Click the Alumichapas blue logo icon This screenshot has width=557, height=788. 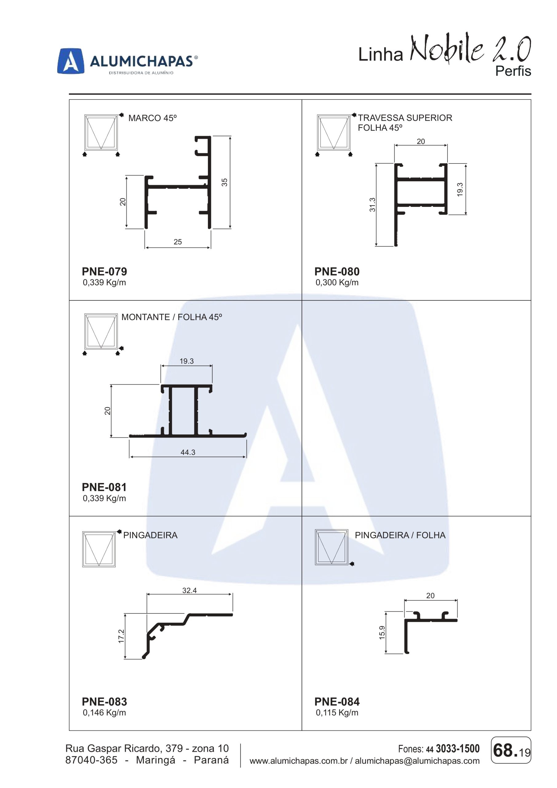point(71,61)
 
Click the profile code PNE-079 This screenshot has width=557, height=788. point(104,271)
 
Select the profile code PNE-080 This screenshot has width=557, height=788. point(337,271)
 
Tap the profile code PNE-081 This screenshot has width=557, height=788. point(104,487)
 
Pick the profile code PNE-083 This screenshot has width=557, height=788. point(104,702)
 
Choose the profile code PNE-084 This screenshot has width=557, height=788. point(337,702)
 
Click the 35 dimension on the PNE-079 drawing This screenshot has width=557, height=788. point(224,182)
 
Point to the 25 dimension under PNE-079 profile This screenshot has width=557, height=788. point(178,242)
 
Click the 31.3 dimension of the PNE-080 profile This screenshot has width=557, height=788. point(372,205)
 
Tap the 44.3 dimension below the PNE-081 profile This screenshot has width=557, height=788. point(188,452)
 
